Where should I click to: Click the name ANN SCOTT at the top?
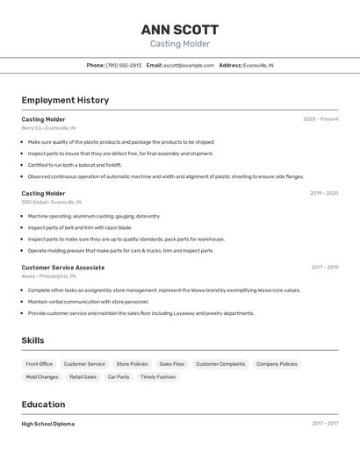pos(180,29)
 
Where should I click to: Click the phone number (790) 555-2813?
pos(123,65)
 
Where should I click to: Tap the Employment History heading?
pos(65,100)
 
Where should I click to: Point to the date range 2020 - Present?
pos(320,119)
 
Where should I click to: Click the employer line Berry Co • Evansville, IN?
pos(48,128)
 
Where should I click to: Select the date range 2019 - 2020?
pos(324,193)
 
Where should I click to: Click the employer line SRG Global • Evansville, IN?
pos(52,202)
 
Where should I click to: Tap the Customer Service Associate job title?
pos(62,268)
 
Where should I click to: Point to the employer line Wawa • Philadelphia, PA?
pos(51,276)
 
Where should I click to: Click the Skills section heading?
pos(32,340)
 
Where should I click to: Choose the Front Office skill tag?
pos(39,364)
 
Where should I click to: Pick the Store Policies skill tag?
pos(132,364)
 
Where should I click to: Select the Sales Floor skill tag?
pos(172,364)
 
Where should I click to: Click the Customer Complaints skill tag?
pos(220,364)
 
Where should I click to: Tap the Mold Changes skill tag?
pos(42,377)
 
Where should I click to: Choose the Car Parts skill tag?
pos(119,377)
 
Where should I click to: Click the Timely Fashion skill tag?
pos(158,377)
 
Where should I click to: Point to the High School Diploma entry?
pos(47,424)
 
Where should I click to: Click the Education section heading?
pos(43,404)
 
